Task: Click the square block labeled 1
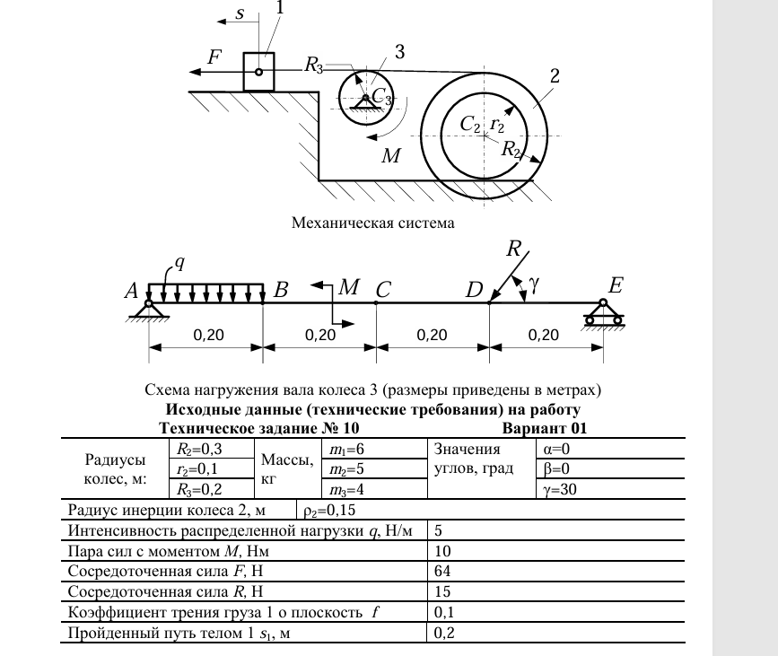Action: point(258,72)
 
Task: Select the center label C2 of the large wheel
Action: point(470,125)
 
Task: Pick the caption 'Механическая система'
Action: point(372,222)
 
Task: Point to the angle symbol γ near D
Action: point(535,284)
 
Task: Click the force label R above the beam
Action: point(513,247)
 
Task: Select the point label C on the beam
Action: point(383,290)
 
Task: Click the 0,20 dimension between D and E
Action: point(544,335)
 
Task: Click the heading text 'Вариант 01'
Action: point(544,428)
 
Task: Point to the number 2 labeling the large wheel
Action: point(555,76)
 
